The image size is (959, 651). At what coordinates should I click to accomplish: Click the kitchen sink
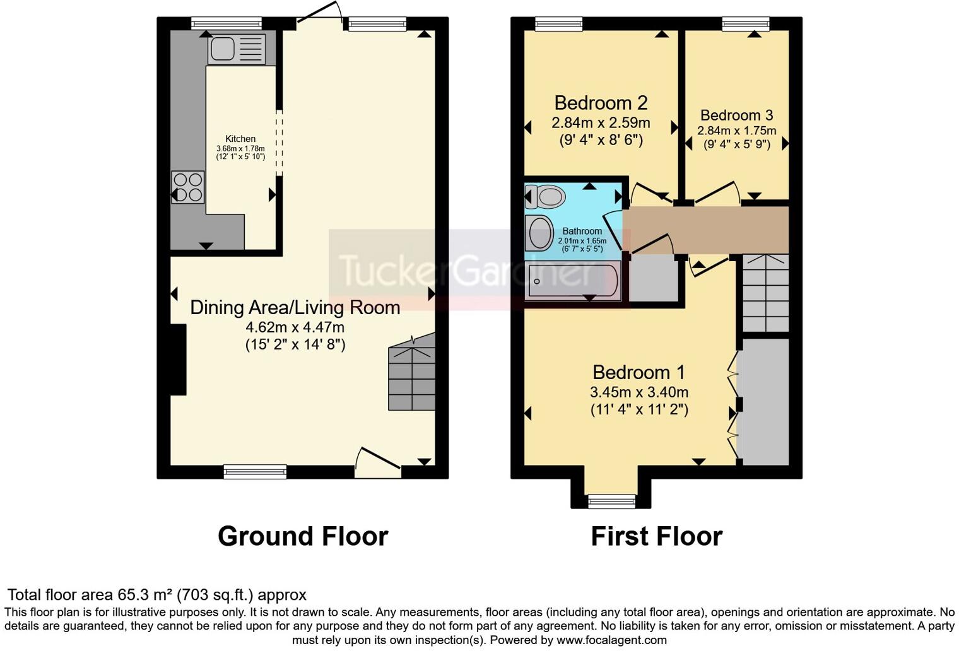click(237, 49)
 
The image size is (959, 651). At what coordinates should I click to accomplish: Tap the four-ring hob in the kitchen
click(188, 187)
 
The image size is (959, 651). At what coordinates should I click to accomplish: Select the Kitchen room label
click(240, 139)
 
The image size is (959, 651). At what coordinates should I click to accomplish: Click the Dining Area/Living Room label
click(295, 307)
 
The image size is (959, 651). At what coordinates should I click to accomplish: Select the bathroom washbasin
click(539, 233)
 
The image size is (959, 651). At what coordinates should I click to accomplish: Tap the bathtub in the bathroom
click(574, 281)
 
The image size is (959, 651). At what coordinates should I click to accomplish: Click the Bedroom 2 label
click(601, 103)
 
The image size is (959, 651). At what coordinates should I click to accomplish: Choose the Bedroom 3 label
click(736, 115)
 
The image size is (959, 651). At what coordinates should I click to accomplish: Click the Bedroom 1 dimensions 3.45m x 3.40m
click(638, 392)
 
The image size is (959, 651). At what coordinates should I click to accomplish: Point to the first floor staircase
click(765, 293)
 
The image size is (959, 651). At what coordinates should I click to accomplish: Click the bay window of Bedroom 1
click(611, 501)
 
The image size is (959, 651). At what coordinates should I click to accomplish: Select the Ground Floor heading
click(303, 536)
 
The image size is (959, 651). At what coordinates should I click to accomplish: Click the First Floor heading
click(656, 536)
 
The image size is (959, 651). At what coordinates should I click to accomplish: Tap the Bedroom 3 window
click(746, 24)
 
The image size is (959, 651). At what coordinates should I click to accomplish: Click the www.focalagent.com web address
click(610, 640)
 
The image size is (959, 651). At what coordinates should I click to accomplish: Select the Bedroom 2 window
click(558, 24)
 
